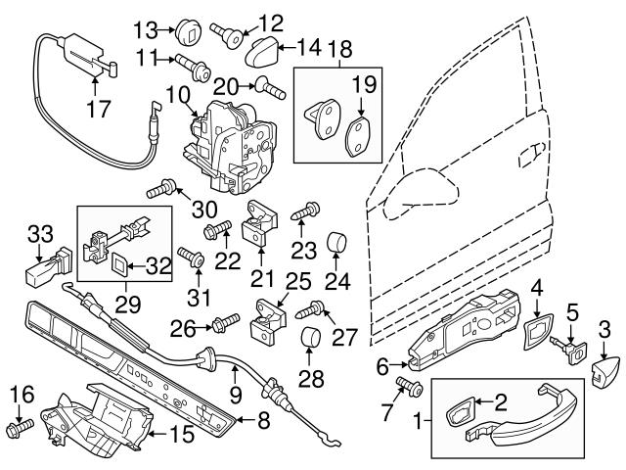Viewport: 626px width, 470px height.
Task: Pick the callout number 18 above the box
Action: click(x=341, y=49)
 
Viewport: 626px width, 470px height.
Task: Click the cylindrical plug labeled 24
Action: click(x=335, y=240)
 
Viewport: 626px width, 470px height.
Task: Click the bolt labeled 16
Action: click(x=21, y=427)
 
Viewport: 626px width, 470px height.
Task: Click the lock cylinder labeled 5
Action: click(x=570, y=348)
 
